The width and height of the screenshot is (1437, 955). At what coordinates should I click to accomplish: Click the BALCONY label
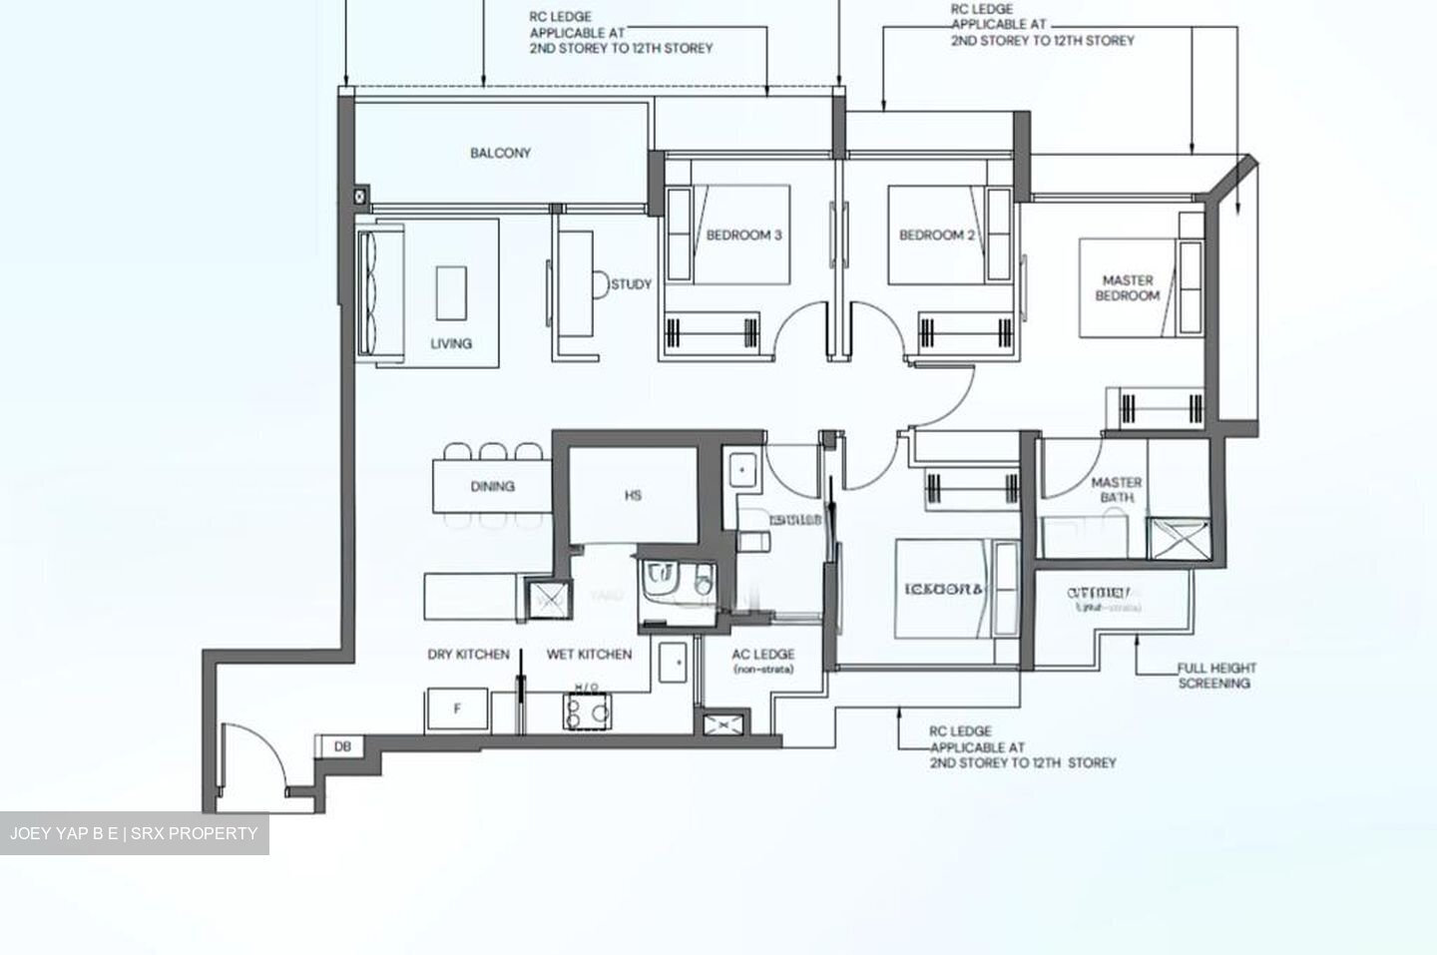[x=500, y=154]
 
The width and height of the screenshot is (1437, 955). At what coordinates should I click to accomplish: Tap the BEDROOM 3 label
[x=743, y=236]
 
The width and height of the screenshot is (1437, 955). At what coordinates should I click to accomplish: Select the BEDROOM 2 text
[x=937, y=236]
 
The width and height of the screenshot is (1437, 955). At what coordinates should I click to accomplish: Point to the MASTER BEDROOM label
[x=1128, y=288]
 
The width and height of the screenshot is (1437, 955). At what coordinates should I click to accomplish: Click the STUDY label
[x=631, y=284]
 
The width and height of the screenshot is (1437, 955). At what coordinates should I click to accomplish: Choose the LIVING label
[x=451, y=343]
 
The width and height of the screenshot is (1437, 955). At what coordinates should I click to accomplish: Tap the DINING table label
[x=492, y=487]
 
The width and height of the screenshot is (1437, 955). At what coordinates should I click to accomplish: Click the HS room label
[x=633, y=495]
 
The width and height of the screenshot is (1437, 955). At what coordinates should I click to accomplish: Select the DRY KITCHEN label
[x=468, y=655]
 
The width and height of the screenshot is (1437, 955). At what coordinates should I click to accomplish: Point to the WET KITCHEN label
[x=589, y=655]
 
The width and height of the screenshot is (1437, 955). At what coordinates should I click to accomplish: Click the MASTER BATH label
[x=1116, y=489]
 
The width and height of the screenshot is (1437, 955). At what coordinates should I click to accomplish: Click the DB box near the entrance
[x=342, y=745]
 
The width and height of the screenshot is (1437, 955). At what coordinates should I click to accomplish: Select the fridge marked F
[x=458, y=710]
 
